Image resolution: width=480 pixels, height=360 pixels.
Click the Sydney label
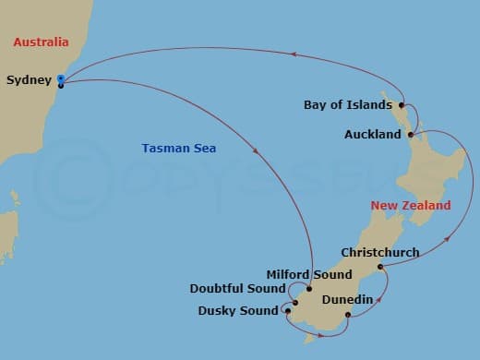click(29, 80)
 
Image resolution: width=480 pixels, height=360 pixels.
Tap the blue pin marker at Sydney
click(60, 79)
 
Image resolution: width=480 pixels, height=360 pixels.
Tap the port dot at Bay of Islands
click(402, 105)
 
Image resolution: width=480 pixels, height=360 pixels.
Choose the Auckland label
click(372, 135)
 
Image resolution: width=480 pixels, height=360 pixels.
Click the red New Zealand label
click(410, 205)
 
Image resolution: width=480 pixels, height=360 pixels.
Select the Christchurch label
click(379, 252)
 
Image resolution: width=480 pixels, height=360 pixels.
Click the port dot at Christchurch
click(378, 267)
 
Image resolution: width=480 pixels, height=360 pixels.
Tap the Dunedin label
click(346, 300)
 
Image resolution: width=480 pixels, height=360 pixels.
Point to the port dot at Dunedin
click(347, 317)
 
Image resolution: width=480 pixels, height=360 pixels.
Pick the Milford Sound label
click(308, 274)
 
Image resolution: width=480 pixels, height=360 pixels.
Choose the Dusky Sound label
click(237, 311)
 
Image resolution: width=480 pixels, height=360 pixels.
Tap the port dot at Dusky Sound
click(287, 311)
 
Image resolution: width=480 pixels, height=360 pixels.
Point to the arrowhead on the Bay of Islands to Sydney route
click(279, 54)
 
